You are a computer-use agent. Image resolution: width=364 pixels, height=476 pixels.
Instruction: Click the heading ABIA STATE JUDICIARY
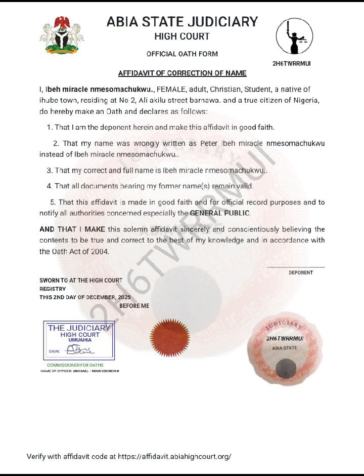(x=182, y=22)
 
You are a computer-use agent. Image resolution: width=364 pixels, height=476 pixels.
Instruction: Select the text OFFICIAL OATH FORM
(x=182, y=54)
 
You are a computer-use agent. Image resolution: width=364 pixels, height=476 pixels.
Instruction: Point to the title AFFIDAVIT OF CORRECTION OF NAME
(x=182, y=73)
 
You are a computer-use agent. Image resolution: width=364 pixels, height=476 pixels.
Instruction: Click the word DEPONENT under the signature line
(x=301, y=273)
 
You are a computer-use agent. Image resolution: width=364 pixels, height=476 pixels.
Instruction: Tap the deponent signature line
(x=296, y=267)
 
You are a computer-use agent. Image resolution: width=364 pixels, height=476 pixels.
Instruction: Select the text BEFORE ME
(x=134, y=306)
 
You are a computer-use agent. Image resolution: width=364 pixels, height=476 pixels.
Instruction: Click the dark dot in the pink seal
(x=288, y=366)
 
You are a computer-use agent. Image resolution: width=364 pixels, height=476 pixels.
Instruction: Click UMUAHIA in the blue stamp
(x=80, y=340)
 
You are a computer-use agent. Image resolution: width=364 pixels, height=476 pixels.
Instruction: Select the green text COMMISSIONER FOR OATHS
(x=75, y=365)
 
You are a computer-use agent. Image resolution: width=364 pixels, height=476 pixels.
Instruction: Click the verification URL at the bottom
(x=174, y=456)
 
